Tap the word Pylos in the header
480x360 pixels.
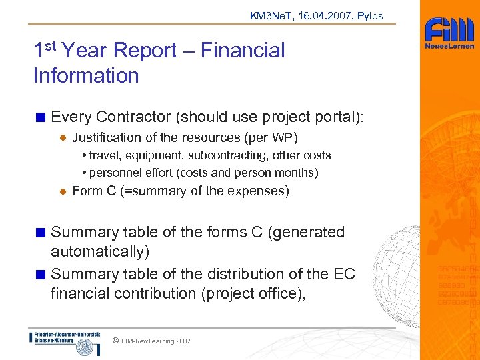(x=369, y=16)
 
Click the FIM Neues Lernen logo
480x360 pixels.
(x=450, y=34)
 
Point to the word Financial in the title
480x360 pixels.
(x=243, y=50)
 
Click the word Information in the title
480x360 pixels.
(x=85, y=75)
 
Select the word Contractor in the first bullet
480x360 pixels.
(x=133, y=117)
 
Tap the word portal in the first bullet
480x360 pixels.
(x=333, y=117)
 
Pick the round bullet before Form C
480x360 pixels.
(x=62, y=191)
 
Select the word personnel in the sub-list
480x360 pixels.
(x=114, y=173)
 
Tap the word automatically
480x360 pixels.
(x=100, y=251)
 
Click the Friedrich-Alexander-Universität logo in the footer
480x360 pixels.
(x=65, y=343)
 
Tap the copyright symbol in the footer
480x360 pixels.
(x=115, y=341)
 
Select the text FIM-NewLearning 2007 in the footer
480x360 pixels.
(x=156, y=341)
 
